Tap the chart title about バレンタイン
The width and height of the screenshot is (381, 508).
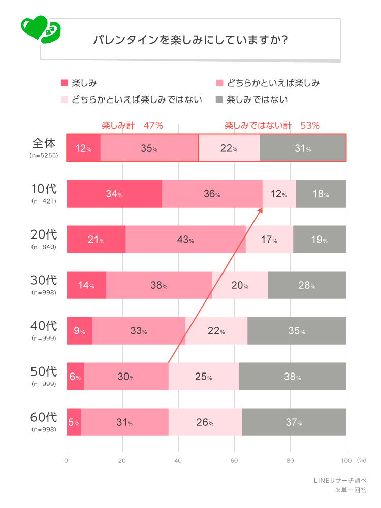coord(190,40)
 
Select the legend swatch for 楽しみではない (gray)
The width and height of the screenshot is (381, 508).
coord(219,99)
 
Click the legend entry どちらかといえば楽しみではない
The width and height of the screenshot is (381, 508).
coord(137,99)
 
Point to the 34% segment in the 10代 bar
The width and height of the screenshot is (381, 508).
coord(114,194)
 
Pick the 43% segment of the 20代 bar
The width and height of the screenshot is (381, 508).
coord(185,240)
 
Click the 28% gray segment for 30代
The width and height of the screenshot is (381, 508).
coord(307,285)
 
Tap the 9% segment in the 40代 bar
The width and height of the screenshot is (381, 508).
coord(79,331)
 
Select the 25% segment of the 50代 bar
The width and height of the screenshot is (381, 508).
coord(203,377)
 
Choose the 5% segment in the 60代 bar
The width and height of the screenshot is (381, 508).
coord(74,422)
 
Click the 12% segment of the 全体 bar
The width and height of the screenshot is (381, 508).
coord(83,148)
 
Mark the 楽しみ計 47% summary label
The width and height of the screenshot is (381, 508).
coord(132,125)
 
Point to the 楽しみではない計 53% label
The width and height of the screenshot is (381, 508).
coord(272,125)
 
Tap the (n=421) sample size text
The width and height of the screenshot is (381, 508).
coord(43,201)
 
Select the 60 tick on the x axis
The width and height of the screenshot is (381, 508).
coord(234,461)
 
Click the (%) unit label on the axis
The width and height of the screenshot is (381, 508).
coord(361,460)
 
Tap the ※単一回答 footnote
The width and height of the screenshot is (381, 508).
coord(350,491)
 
